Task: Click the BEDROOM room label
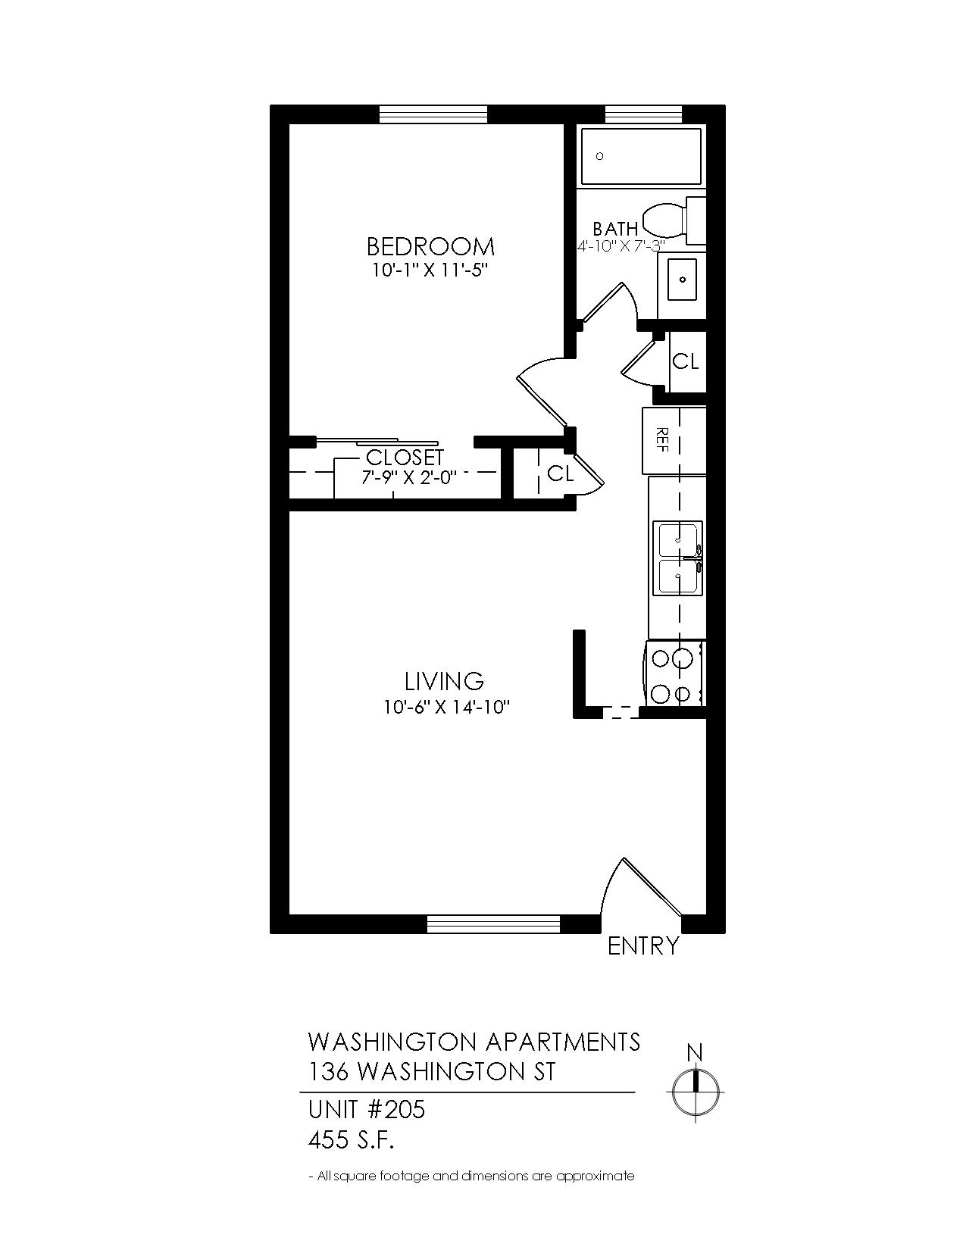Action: tap(430, 247)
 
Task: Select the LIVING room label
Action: tap(444, 682)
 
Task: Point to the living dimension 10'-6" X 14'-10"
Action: tap(447, 707)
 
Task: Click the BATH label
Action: tap(615, 228)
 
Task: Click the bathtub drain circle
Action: tap(599, 156)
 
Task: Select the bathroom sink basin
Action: tap(682, 280)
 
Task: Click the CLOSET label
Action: tap(405, 458)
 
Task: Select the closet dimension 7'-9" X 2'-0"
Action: tap(409, 477)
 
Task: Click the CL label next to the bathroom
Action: tap(685, 362)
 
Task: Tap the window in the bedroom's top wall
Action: tap(433, 114)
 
